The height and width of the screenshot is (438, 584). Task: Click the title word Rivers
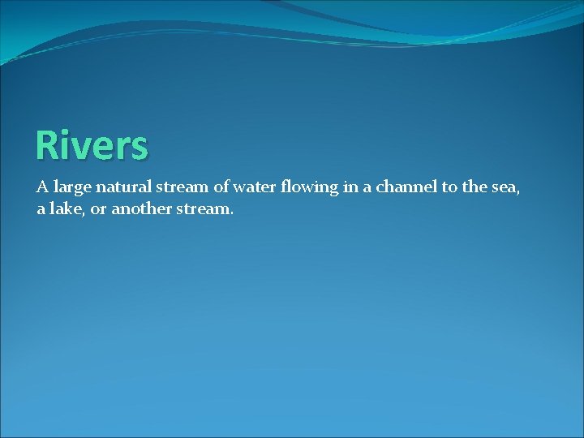tap(92, 146)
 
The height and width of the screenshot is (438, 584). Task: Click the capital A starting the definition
tap(42, 187)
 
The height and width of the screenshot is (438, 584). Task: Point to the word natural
tap(122, 187)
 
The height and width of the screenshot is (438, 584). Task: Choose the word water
tap(255, 187)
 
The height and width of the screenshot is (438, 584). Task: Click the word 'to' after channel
tap(449, 187)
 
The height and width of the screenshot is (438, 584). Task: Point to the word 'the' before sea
tap(474, 187)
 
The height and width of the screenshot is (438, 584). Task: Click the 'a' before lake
tap(41, 209)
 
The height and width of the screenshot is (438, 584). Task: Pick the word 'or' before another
tap(99, 209)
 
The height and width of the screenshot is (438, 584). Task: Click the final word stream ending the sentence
tap(204, 208)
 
